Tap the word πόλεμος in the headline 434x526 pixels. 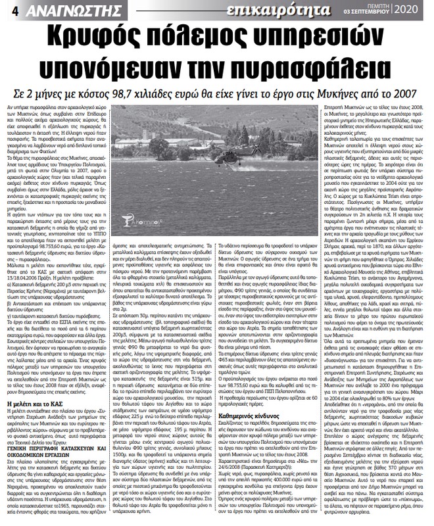199,37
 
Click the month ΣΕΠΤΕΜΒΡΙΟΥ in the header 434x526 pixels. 376,14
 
